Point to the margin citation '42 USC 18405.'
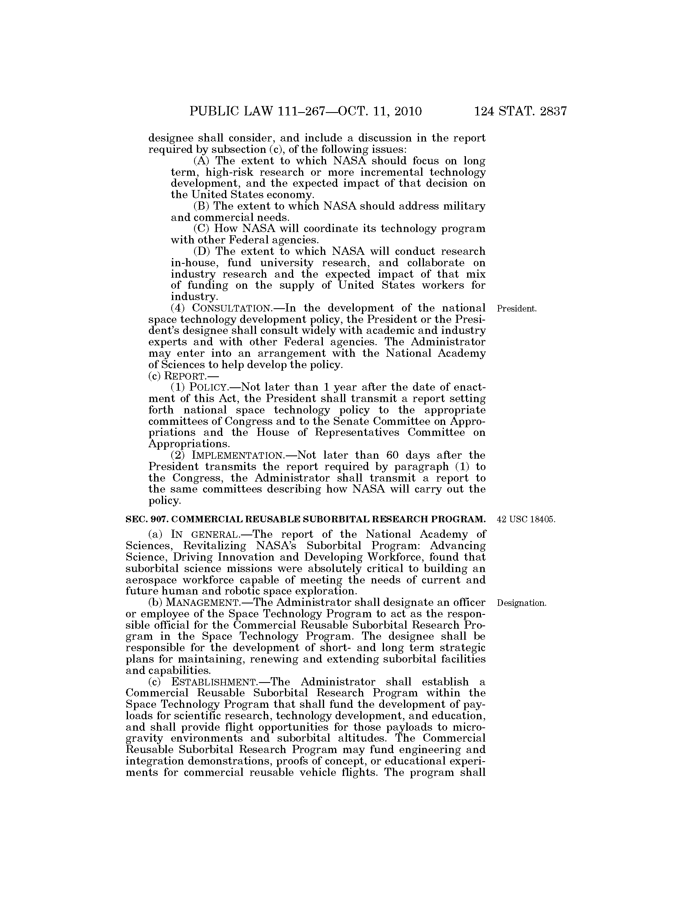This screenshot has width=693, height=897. pos(526,519)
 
